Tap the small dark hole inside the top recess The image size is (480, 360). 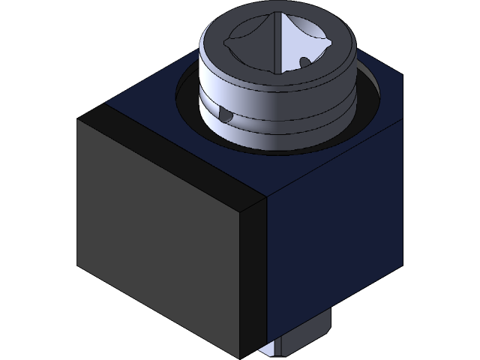click(304, 62)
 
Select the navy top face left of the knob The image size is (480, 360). click(150, 105)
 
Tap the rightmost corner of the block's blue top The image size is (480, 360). click(403, 75)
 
